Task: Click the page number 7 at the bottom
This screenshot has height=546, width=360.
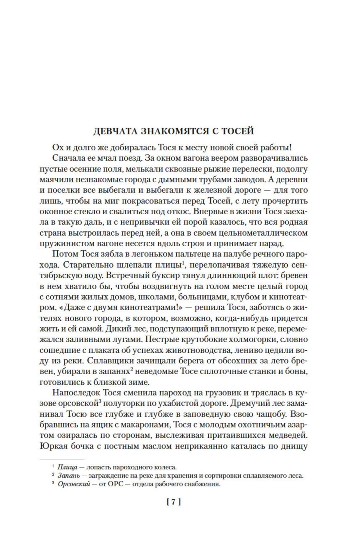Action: [174, 511]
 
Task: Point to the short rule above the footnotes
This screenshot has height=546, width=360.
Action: [62, 459]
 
